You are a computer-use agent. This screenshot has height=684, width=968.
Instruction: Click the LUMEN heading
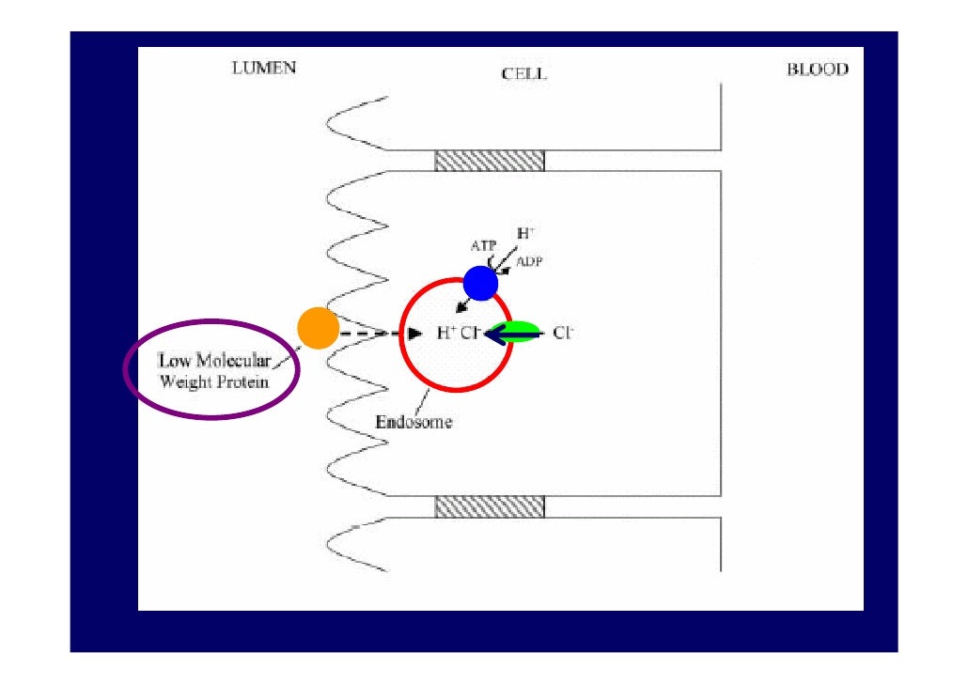pyautogui.click(x=263, y=69)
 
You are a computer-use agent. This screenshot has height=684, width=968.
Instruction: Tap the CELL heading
pyautogui.click(x=523, y=74)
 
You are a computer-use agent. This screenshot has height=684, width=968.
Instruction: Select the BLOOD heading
pyautogui.click(x=817, y=70)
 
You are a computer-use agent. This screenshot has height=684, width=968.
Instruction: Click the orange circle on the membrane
pyautogui.click(x=318, y=328)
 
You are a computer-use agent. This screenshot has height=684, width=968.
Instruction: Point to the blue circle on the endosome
pyautogui.click(x=480, y=282)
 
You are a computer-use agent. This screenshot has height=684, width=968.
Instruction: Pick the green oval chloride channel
pyautogui.click(x=518, y=332)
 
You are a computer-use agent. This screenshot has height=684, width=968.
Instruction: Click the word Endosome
pyautogui.click(x=414, y=422)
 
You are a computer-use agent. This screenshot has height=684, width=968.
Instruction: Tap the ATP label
pyautogui.click(x=483, y=246)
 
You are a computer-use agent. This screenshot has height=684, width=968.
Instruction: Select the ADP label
pyautogui.click(x=528, y=262)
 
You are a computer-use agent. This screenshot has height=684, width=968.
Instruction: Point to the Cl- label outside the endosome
pyautogui.click(x=563, y=333)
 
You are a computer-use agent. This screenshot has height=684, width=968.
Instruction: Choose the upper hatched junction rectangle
pyautogui.click(x=489, y=161)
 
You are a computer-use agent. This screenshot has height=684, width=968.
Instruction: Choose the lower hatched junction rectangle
pyautogui.click(x=489, y=506)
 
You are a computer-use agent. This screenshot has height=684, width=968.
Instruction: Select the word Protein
pyautogui.click(x=244, y=381)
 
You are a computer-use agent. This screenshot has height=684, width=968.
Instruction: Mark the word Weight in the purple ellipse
pyautogui.click(x=186, y=381)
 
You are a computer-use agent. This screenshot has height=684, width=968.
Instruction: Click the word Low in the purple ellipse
pyautogui.click(x=173, y=361)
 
